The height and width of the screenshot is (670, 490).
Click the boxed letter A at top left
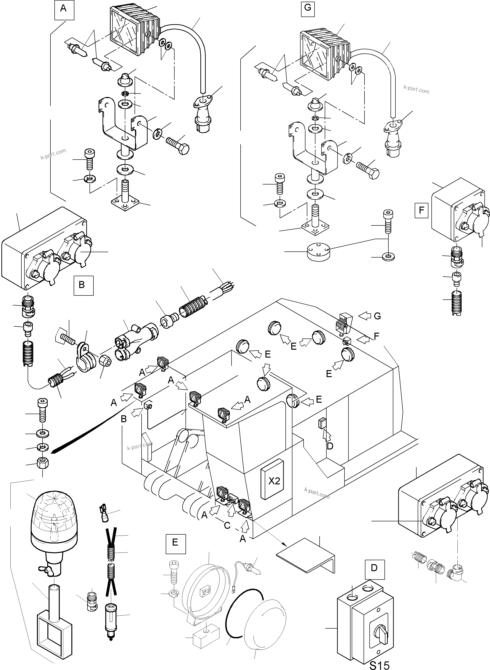pyautogui.click(x=63, y=9)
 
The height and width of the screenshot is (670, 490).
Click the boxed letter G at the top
pyautogui.click(x=308, y=7)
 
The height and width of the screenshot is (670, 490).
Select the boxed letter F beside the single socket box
pyautogui.click(x=421, y=211)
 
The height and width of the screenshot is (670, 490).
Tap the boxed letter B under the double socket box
pyautogui.click(x=82, y=285)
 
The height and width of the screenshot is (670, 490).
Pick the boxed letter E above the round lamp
pyautogui.click(x=175, y=543)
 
